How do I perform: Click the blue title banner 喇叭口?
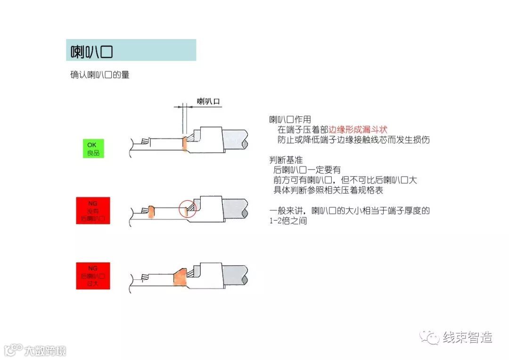coord(131,50)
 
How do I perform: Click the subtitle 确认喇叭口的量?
coord(99,75)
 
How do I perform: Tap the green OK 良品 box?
coord(93,148)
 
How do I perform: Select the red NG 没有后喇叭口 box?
coord(93,210)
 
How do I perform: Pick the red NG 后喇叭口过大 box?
coord(93,276)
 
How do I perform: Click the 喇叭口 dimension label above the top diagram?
coord(209,101)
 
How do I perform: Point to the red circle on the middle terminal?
coord(188,208)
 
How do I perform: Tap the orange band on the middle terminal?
coord(151,212)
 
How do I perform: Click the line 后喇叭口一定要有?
coord(307,170)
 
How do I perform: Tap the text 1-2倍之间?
coord(288,221)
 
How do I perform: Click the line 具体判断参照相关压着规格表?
coord(328,190)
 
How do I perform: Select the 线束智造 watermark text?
coord(467,337)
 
